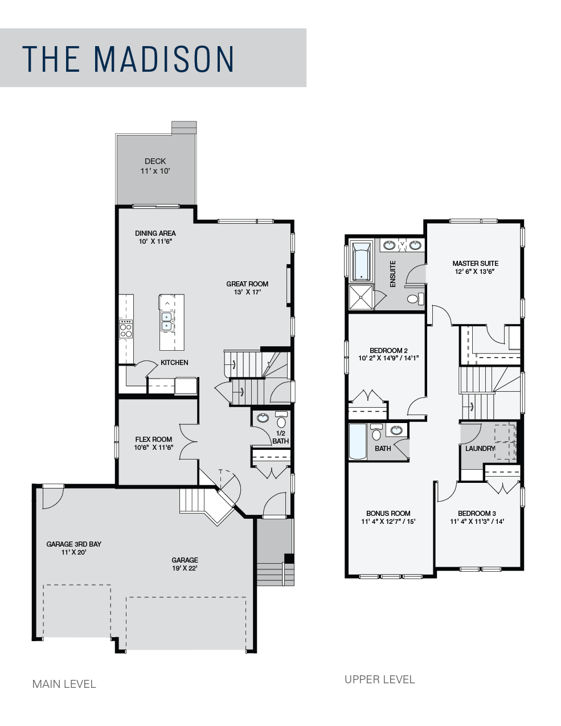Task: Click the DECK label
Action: pyautogui.click(x=155, y=161)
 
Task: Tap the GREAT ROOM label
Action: pyautogui.click(x=247, y=284)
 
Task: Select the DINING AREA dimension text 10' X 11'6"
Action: pyautogui.click(x=155, y=241)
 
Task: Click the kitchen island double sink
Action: pyautogui.click(x=166, y=321)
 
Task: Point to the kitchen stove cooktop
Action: pyautogui.click(x=126, y=329)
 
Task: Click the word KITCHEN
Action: pyautogui.click(x=174, y=363)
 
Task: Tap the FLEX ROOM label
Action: pyautogui.click(x=153, y=440)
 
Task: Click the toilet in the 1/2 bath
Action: pyautogui.click(x=281, y=420)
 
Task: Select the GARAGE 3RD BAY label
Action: pyautogui.click(x=74, y=544)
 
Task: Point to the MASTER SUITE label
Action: pyautogui.click(x=475, y=263)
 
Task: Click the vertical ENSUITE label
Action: pyautogui.click(x=392, y=274)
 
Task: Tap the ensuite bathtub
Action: pyautogui.click(x=361, y=261)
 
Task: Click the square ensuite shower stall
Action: pyautogui.click(x=361, y=297)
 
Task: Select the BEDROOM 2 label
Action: pyautogui.click(x=388, y=350)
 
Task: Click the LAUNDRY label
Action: pyautogui.click(x=480, y=448)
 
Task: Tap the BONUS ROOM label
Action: pyautogui.click(x=388, y=513)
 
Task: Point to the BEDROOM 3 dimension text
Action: pyautogui.click(x=477, y=521)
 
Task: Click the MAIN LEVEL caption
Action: pyautogui.click(x=64, y=684)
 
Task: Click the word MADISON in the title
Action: pyautogui.click(x=163, y=59)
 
